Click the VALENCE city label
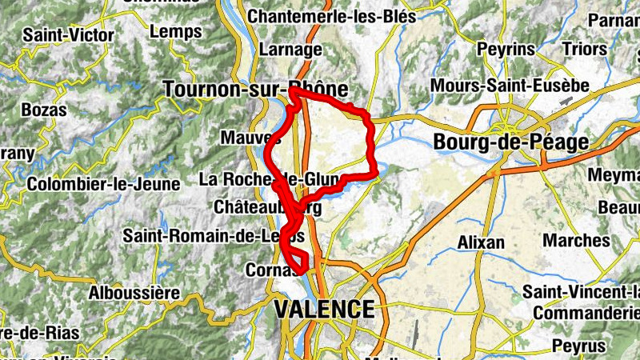(x=324, y=310)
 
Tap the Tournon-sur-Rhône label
(x=255, y=90)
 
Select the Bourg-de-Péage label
(x=510, y=142)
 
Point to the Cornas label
(x=266, y=270)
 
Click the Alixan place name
(x=481, y=242)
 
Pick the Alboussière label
(x=134, y=293)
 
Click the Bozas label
(x=45, y=110)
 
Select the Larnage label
(x=292, y=50)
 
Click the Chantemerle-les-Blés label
(x=332, y=16)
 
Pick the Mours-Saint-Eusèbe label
(x=510, y=85)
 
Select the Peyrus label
(x=579, y=346)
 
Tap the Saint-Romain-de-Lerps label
(x=214, y=236)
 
